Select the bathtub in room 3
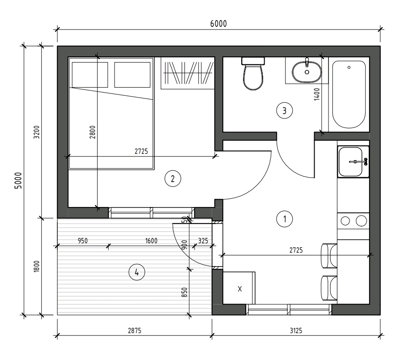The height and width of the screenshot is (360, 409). tap(349, 94)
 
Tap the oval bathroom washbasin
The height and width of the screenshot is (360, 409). tap(307, 71)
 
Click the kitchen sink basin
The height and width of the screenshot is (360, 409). tap(350, 161)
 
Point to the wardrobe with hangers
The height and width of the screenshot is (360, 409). tap(187, 73)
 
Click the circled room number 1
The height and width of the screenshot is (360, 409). tap(285, 219)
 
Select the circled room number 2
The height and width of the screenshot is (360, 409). tap(173, 178)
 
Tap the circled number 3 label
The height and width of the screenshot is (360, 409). tap(285, 111)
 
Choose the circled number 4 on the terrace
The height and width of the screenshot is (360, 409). tap(136, 272)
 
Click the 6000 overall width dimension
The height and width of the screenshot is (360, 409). tap(218, 24)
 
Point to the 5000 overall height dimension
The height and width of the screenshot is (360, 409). tap(18, 180)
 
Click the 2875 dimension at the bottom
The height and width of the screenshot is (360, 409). tap(135, 330)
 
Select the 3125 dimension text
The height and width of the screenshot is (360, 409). tap(296, 330)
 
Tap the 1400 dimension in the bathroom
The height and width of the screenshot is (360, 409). tap(317, 94)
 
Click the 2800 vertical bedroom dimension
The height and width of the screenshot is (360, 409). tap(93, 132)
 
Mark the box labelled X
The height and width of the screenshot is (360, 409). tap(239, 288)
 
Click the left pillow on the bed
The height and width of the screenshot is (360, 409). tap(90, 75)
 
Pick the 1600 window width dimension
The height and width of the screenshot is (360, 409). tap(151, 240)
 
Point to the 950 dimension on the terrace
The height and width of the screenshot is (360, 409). tap(83, 240)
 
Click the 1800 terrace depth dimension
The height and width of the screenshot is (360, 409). tap(36, 267)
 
